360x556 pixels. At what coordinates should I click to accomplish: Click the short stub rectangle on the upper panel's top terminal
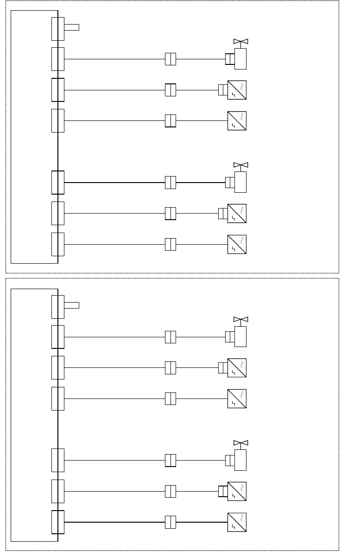tap(71, 27)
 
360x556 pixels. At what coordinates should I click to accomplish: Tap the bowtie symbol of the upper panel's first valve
tap(240, 42)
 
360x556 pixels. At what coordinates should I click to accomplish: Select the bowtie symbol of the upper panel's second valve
tap(240, 165)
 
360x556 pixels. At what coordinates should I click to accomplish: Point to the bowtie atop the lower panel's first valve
tap(240, 319)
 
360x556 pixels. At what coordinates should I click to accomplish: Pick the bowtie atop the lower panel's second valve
tap(240, 442)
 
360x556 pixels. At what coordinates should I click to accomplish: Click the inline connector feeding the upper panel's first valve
tap(171, 59)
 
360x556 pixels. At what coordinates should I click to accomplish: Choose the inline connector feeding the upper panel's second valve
tap(171, 183)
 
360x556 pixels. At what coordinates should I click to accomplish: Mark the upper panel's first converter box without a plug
tap(237, 120)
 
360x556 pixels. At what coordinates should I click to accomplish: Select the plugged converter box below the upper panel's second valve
tap(237, 213)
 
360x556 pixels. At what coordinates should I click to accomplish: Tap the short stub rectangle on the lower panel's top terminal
tap(71, 305)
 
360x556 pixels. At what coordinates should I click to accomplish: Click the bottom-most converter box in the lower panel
tap(237, 522)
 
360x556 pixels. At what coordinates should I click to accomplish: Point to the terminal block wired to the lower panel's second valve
tap(58, 460)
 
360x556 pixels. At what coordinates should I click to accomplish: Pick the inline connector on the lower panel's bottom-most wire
tap(171, 522)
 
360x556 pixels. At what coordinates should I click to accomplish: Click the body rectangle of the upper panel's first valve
tap(240, 59)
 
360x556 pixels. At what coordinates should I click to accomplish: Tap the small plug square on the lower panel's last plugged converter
tap(221, 491)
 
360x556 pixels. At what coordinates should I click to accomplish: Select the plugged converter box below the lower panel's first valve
tap(237, 367)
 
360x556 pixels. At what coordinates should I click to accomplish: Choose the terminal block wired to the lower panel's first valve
tap(58, 337)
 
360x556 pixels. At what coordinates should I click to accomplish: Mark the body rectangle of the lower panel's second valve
tap(240, 460)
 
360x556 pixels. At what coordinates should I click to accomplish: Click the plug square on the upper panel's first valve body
tap(230, 59)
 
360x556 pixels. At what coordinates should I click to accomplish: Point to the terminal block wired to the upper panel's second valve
tap(58, 183)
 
